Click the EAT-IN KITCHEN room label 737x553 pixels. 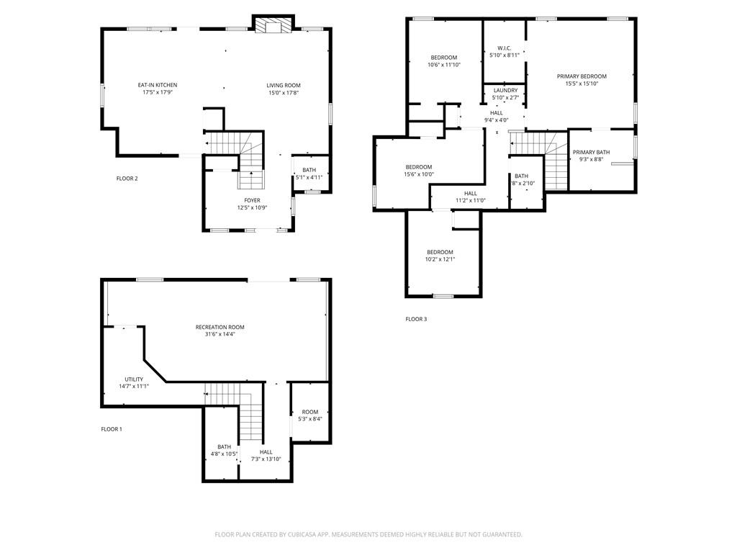[158, 85]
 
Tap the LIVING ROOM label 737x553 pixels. [284, 86]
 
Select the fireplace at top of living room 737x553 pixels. [273, 27]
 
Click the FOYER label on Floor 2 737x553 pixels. [252, 200]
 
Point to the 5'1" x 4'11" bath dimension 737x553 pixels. [309, 177]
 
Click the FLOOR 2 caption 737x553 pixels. [127, 179]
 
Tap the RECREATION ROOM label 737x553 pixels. [220, 328]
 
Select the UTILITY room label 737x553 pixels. [134, 379]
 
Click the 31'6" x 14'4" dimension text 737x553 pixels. [220, 334]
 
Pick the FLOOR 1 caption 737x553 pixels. [112, 429]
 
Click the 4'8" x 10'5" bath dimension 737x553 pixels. [225, 454]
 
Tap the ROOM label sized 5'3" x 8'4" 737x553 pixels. [310, 412]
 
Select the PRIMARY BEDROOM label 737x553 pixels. [582, 76]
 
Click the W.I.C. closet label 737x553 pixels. [505, 48]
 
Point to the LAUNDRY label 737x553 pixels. [506, 90]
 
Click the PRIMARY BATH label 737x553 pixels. [592, 153]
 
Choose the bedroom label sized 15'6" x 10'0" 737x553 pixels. [419, 167]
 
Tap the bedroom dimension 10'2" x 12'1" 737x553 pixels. [440, 259]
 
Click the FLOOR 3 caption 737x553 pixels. [417, 319]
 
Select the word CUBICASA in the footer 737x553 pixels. [302, 535]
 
